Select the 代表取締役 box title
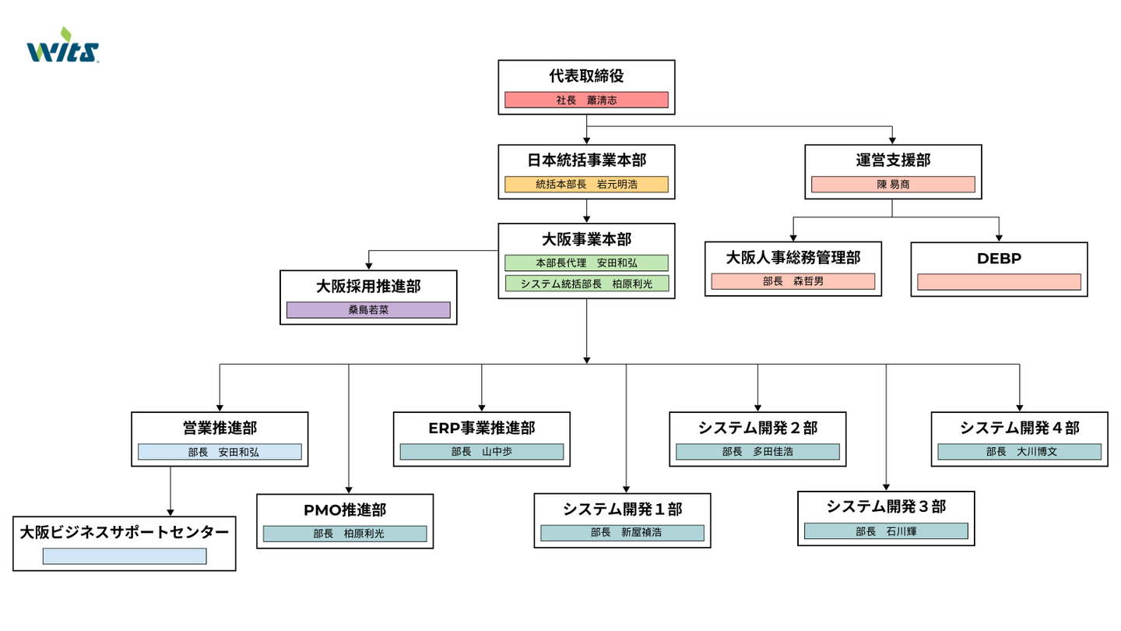[x=586, y=76]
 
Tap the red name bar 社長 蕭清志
[x=586, y=100]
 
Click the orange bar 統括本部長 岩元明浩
[x=586, y=185]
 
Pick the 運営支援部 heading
[x=893, y=160]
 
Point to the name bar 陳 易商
[x=893, y=185]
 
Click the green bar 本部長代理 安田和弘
[x=586, y=263]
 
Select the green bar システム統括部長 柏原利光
[x=586, y=284]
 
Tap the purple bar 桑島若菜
[x=368, y=310]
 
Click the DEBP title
[x=999, y=259]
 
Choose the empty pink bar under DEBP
[x=999, y=282]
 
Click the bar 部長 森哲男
[x=793, y=281]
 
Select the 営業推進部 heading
[x=220, y=428]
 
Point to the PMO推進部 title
[x=345, y=510]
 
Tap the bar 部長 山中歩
[x=482, y=452]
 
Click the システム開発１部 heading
[x=622, y=509]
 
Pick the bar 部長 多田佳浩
[x=757, y=452]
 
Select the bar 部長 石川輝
[x=886, y=531]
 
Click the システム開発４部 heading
[x=1019, y=428]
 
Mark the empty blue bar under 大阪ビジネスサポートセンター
[x=125, y=556]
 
